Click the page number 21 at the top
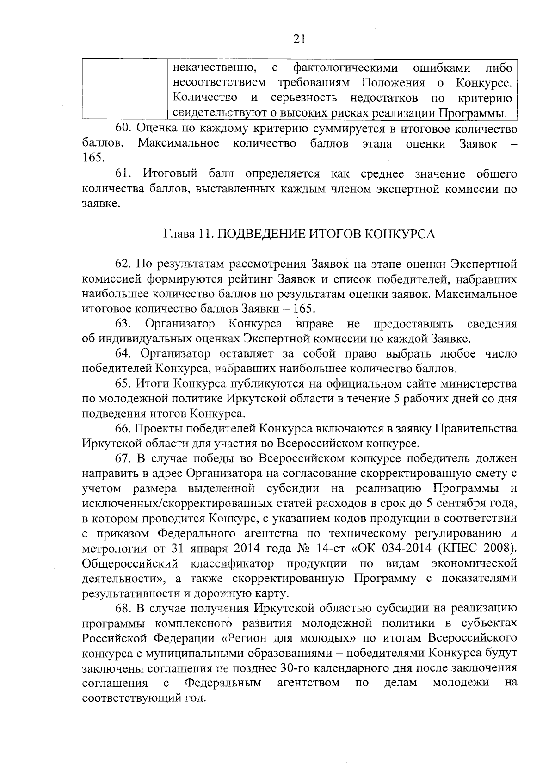click(x=299, y=39)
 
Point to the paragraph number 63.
click(x=123, y=324)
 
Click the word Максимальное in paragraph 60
click(x=179, y=143)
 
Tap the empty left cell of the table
click(x=124, y=90)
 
